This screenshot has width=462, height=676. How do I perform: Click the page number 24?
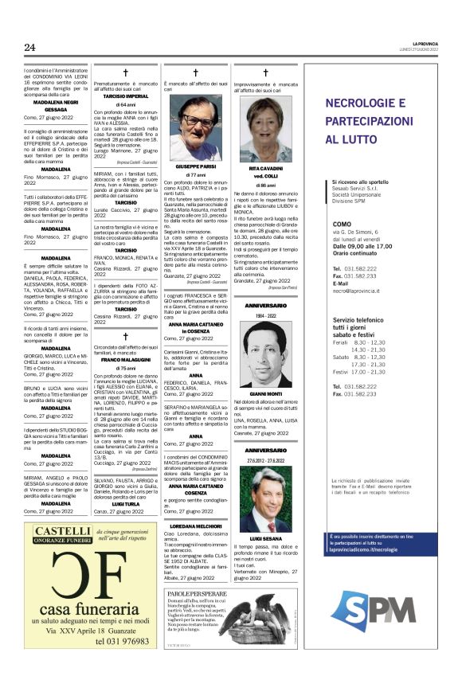point(29,48)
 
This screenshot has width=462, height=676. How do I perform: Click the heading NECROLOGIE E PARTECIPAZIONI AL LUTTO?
point(377,121)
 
